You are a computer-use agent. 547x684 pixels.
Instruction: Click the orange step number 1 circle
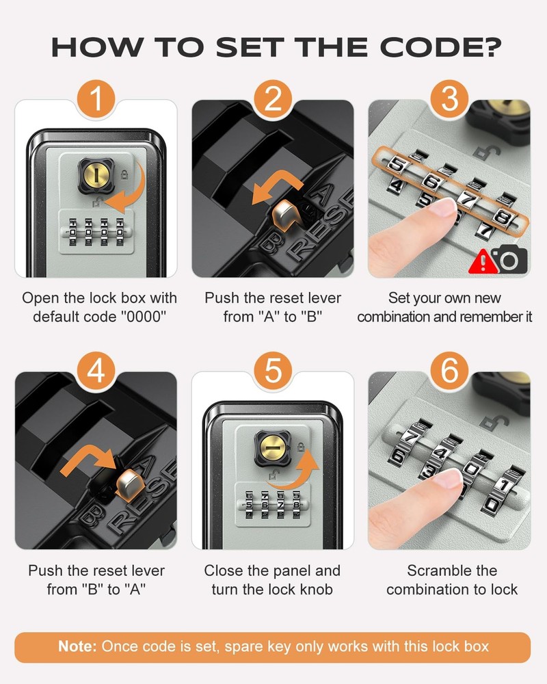click(96, 100)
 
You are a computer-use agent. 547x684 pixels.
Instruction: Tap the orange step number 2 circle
click(273, 100)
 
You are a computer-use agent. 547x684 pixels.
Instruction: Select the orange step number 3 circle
click(449, 100)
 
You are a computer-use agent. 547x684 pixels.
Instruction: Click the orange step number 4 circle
click(96, 371)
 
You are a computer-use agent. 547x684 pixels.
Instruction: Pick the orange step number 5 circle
click(273, 371)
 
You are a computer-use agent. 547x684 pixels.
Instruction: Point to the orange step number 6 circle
click(449, 371)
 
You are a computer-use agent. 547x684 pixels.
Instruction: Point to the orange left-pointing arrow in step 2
click(269, 189)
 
